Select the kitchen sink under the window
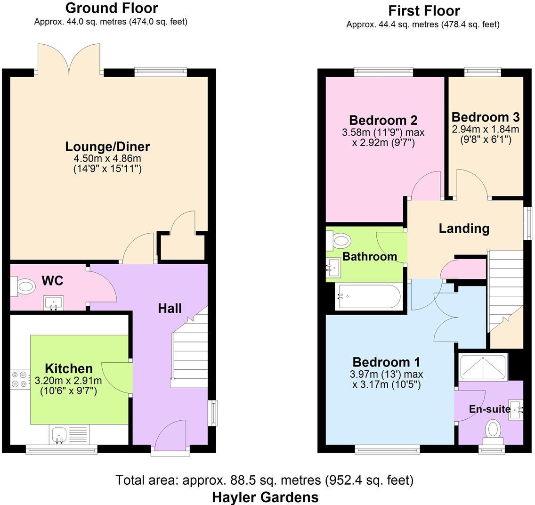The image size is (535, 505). (x=59, y=434)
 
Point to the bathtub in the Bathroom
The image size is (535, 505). (x=368, y=297)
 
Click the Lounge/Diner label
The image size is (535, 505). (x=107, y=147)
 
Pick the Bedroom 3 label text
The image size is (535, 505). (x=485, y=117)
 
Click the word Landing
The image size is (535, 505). (x=464, y=229)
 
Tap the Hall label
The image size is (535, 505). (x=170, y=309)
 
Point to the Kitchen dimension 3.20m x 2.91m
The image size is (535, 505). (x=68, y=381)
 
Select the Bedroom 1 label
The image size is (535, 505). (x=386, y=362)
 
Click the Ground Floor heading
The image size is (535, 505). (x=111, y=8)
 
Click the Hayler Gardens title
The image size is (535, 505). (x=265, y=497)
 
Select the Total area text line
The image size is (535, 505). (x=265, y=481)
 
